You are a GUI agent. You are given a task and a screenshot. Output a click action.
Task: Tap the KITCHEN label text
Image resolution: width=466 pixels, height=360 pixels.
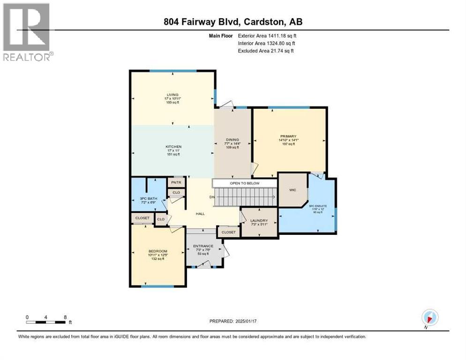(x=173, y=147)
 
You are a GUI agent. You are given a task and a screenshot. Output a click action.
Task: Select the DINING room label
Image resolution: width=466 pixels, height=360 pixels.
(x=232, y=139)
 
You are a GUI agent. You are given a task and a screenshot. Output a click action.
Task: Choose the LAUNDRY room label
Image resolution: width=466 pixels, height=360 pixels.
(x=259, y=220)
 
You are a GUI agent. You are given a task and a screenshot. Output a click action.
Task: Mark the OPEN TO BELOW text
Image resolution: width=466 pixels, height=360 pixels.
(x=244, y=183)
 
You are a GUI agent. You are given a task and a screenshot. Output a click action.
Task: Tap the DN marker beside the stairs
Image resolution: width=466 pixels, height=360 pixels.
(x=211, y=196)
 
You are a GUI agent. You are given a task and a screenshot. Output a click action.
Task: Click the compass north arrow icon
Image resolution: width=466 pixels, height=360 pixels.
(x=429, y=317)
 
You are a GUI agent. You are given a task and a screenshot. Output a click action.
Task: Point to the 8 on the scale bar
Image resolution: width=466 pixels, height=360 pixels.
(x=64, y=317)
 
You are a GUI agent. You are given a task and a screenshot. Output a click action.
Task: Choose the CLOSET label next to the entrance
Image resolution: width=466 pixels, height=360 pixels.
(x=228, y=232)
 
